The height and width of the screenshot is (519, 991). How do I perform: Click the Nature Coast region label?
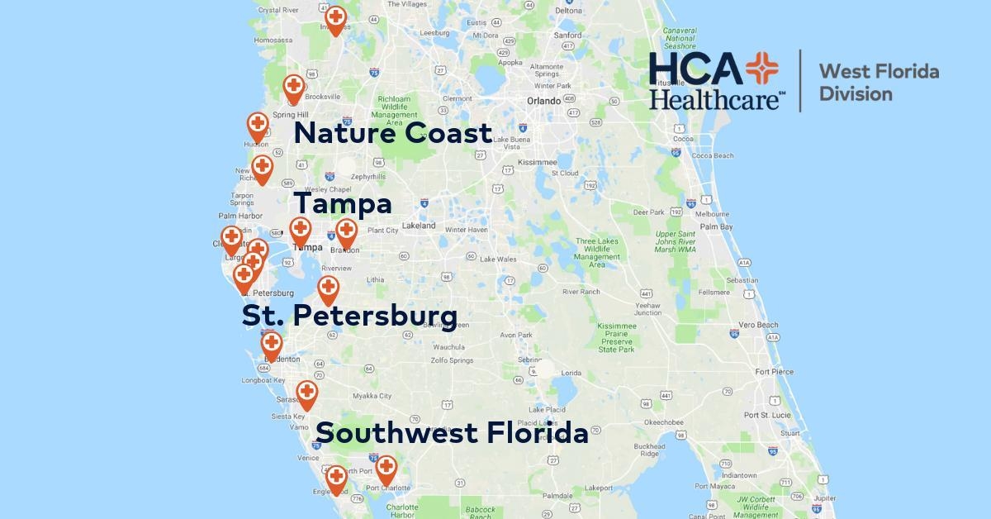[x=393, y=133]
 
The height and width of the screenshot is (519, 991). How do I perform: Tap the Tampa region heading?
[x=343, y=204]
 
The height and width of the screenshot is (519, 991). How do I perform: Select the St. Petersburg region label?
[x=349, y=315]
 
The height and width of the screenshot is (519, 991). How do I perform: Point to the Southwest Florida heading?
[x=452, y=433]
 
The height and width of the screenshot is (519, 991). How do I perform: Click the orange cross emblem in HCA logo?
[x=760, y=70]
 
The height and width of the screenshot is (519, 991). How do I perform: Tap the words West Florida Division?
[x=877, y=83]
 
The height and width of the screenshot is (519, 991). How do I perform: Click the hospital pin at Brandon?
[x=346, y=231]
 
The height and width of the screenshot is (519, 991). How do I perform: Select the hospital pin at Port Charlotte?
[x=386, y=468]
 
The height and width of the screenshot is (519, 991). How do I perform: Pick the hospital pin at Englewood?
[x=335, y=477]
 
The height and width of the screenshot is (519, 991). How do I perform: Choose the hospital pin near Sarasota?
[x=306, y=393]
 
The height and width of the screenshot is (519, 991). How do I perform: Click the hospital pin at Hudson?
[x=258, y=126]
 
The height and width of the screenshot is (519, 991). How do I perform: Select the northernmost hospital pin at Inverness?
[x=335, y=18]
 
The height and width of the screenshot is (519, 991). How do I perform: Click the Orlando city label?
[x=543, y=101]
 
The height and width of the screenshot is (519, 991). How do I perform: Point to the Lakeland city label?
[x=419, y=226]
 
